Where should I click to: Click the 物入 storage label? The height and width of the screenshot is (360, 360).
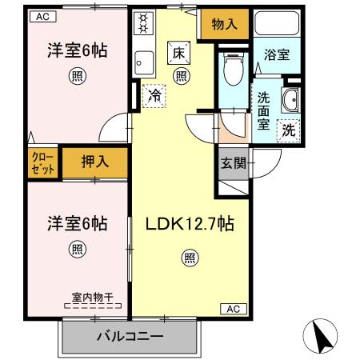(x=225, y=24)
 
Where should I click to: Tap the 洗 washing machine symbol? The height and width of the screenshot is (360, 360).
(x=288, y=130)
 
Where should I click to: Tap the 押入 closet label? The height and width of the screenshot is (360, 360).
(x=95, y=162)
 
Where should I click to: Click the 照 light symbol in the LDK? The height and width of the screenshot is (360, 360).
(x=190, y=258)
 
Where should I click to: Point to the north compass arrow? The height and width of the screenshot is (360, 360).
(x=324, y=336)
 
